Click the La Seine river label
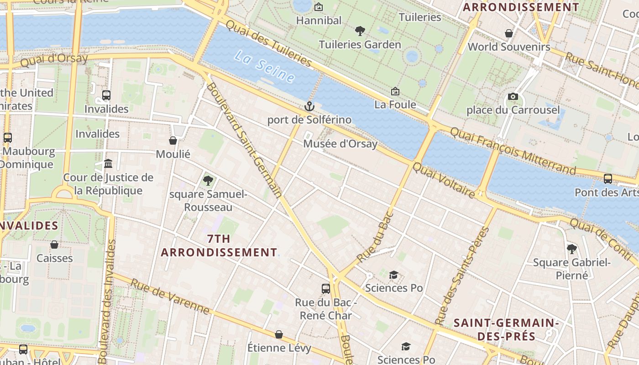pos(264,67)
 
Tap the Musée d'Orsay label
pos(340,144)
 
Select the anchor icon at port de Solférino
pos(309,107)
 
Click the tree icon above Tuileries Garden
pos(360,31)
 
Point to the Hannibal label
pos(319,21)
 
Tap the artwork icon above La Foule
pos(395,92)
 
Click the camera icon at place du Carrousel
pos(513,97)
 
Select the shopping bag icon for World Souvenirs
pos(509,33)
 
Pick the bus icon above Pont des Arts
pos(608,179)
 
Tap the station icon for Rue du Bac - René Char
pos(325,288)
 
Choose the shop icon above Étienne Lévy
pos(279,335)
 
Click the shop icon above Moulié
pos(173,141)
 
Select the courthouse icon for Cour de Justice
pos(108,163)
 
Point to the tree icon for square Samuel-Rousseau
pos(208,181)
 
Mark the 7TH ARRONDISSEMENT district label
pos(219,245)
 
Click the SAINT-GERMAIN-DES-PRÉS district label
pos(506,329)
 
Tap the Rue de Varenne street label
pos(170,297)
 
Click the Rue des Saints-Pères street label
pos(462,276)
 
